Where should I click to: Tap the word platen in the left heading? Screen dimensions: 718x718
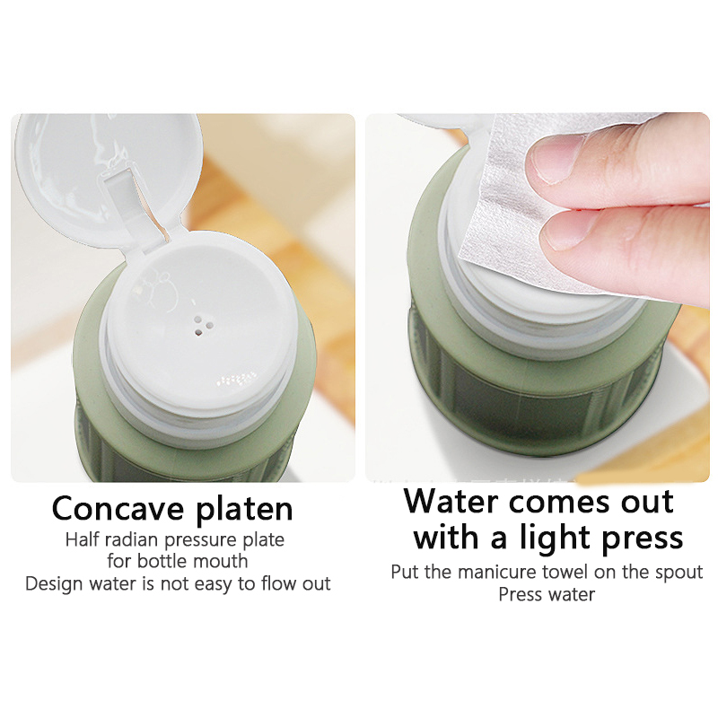pos(244,510)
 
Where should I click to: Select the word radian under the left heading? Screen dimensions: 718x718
pos(123,539)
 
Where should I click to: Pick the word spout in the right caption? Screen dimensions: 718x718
pos(677,574)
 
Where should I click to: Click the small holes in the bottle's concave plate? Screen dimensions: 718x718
pos(202,326)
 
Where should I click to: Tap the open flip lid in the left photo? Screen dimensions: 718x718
pos(109,179)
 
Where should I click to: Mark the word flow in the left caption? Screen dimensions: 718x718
pos(277,584)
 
